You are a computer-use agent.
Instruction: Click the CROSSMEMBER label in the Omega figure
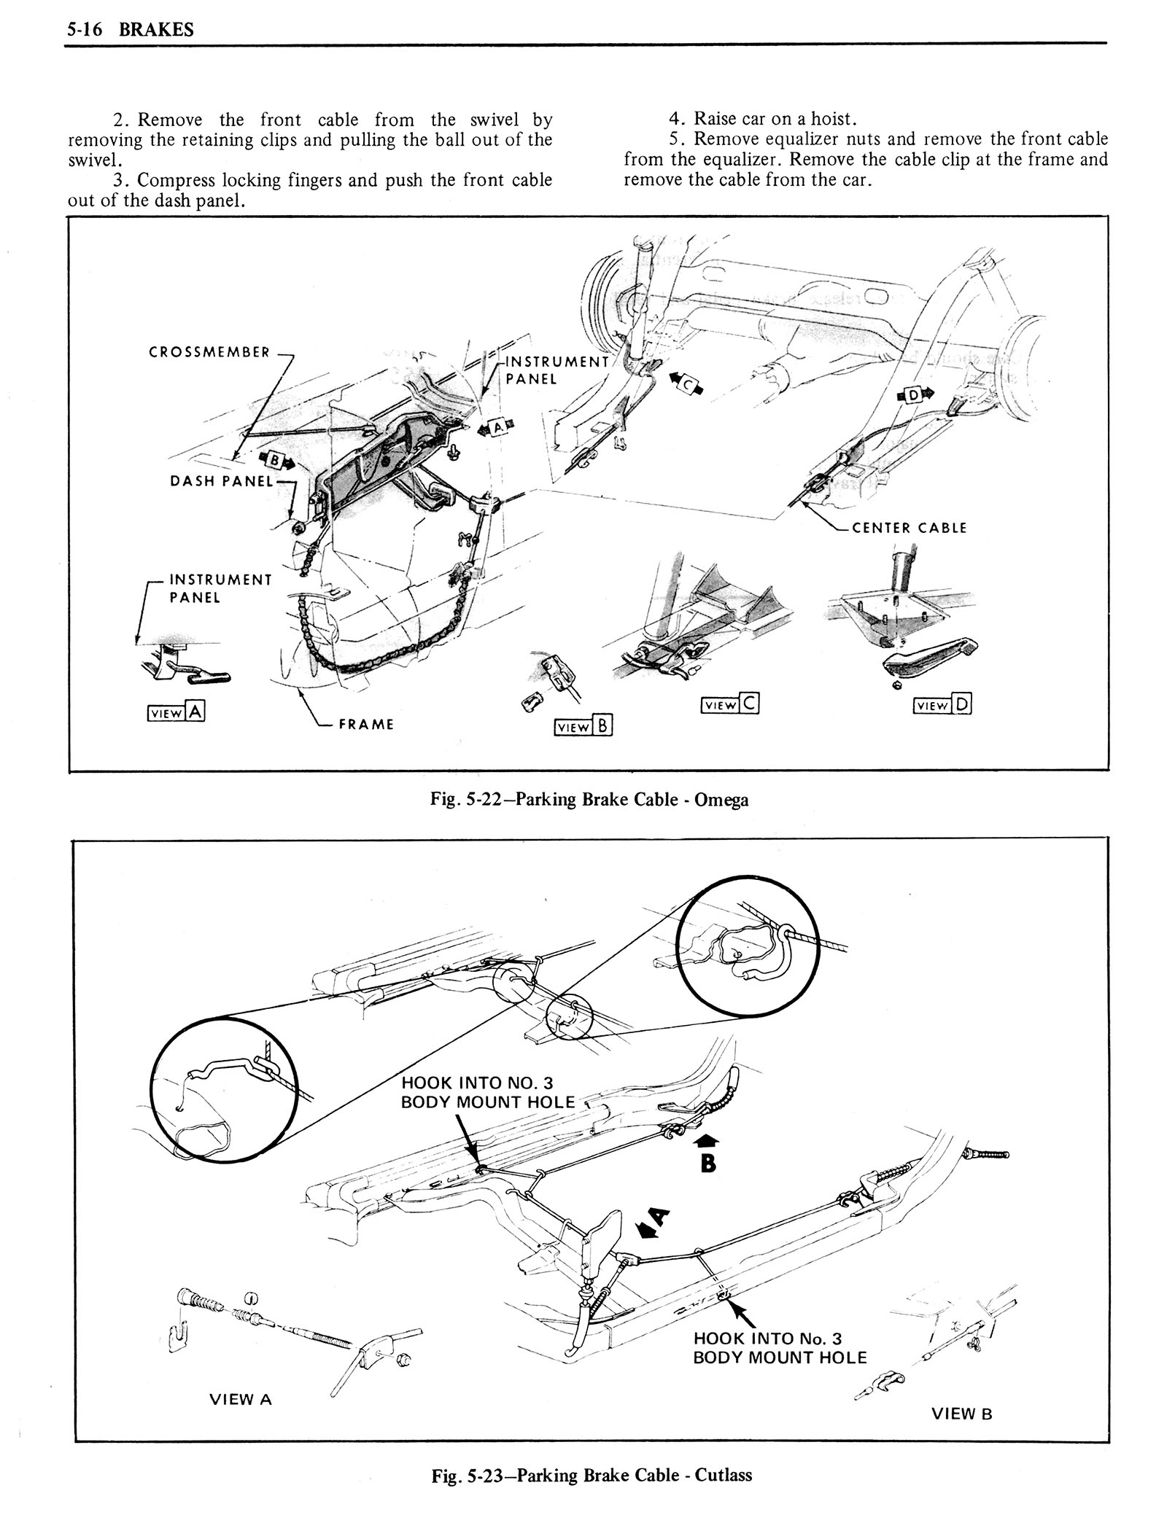point(209,352)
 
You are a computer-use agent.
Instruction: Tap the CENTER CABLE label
point(909,528)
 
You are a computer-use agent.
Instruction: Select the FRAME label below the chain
point(366,724)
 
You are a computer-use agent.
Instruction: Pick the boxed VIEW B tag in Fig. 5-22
point(583,726)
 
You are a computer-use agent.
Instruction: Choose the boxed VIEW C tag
point(729,704)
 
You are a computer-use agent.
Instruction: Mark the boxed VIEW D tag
point(942,704)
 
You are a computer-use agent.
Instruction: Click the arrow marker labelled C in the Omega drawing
point(687,384)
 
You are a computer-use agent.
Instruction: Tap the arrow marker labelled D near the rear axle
point(914,396)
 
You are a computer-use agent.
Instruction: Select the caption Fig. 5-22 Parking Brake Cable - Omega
point(589,800)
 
